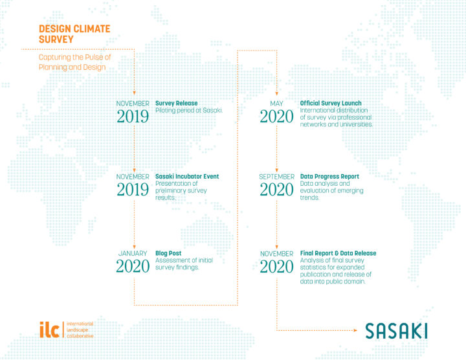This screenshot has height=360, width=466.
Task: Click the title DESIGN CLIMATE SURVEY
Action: [74, 34]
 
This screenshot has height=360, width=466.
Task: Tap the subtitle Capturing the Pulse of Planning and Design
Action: [74, 62]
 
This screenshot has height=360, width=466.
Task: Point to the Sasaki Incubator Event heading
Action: [187, 176]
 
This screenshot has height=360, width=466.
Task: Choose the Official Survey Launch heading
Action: [331, 103]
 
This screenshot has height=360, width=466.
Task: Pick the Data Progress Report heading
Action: [329, 176]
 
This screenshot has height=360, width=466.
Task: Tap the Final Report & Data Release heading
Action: [338, 253]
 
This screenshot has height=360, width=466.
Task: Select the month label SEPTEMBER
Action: [276, 176]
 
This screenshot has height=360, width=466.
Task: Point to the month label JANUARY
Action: [133, 253]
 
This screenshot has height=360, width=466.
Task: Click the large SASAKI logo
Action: [396, 330]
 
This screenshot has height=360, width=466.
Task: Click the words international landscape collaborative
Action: [80, 330]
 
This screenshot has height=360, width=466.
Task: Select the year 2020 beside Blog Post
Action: [133, 265]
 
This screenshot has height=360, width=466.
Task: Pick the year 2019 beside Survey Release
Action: [133, 116]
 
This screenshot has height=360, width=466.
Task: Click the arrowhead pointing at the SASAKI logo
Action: [355, 330]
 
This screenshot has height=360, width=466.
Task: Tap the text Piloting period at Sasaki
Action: [189, 111]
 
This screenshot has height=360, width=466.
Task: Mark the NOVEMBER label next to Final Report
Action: [276, 253]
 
